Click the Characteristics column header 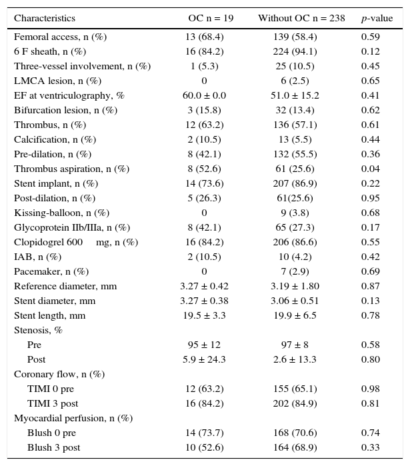click(x=45, y=19)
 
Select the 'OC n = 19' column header click(x=211, y=19)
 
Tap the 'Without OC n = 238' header click(x=301, y=19)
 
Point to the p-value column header click(x=375, y=19)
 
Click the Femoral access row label click(x=60, y=37)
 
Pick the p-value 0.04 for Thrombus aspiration click(x=370, y=169)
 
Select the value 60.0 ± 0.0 click(x=204, y=96)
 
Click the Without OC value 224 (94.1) click(x=295, y=52)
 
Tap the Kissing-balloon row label click(x=61, y=213)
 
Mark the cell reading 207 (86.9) click(x=295, y=184)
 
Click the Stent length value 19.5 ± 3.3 click(x=204, y=316)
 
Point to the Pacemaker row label click(x=51, y=272)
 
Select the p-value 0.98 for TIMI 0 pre click(x=370, y=389)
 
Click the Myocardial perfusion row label click(x=73, y=419)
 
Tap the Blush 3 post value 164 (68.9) click(x=295, y=448)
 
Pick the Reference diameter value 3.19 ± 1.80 click(x=295, y=287)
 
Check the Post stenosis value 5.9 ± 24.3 click(x=204, y=360)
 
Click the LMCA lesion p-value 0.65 click(x=370, y=81)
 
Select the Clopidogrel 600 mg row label click(x=76, y=243)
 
